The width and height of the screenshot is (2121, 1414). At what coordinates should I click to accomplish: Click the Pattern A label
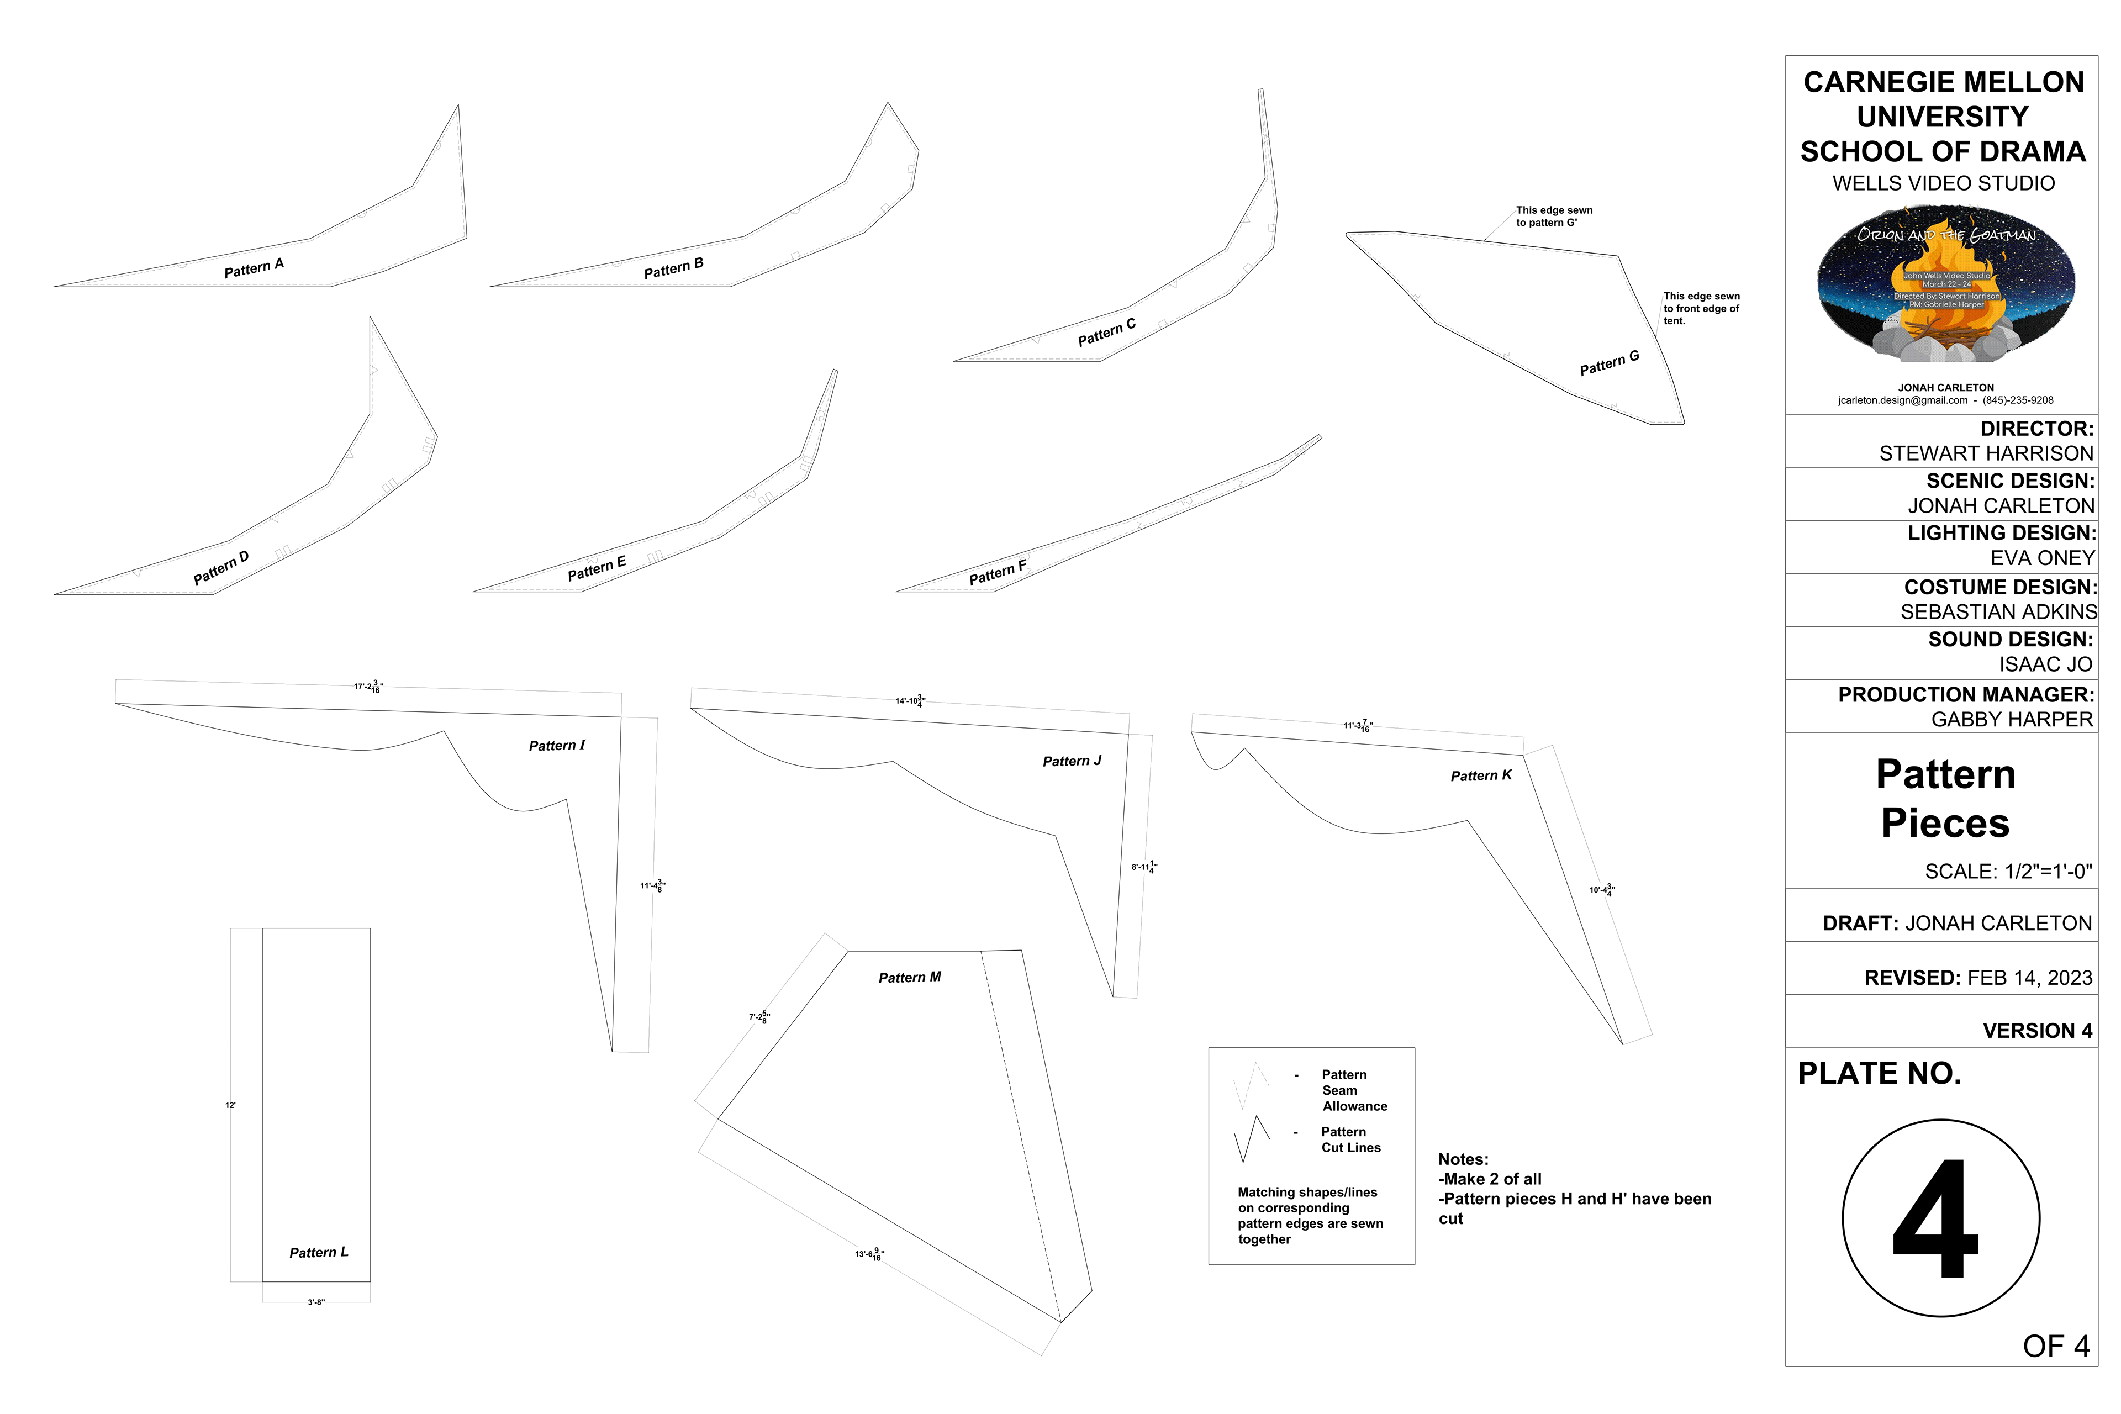point(254,268)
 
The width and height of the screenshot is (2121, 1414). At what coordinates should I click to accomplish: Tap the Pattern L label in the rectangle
point(318,1253)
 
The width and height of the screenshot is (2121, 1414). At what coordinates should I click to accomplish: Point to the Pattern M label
point(909,978)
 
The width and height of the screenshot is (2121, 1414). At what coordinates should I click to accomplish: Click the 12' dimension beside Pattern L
point(231,1106)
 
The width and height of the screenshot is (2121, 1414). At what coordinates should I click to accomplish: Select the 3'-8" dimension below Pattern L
point(315,1302)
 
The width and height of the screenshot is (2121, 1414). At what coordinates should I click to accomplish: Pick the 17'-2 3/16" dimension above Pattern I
point(368,687)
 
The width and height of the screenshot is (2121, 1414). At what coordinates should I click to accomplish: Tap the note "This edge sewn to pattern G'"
point(1554,217)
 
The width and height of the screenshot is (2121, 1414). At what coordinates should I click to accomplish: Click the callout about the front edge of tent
point(1701,308)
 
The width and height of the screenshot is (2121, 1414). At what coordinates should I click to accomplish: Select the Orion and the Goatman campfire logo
point(1945,284)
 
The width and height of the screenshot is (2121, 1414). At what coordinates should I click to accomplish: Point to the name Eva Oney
point(2041,558)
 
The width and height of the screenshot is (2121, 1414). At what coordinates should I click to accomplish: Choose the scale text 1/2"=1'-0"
point(2008,871)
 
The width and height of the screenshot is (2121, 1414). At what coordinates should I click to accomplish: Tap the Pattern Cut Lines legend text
point(1350,1140)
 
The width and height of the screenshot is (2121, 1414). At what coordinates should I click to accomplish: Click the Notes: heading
point(1463,1160)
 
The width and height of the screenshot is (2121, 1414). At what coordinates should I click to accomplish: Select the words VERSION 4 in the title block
point(2037,1031)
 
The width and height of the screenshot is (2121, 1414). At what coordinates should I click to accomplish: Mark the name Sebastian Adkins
point(1998,611)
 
